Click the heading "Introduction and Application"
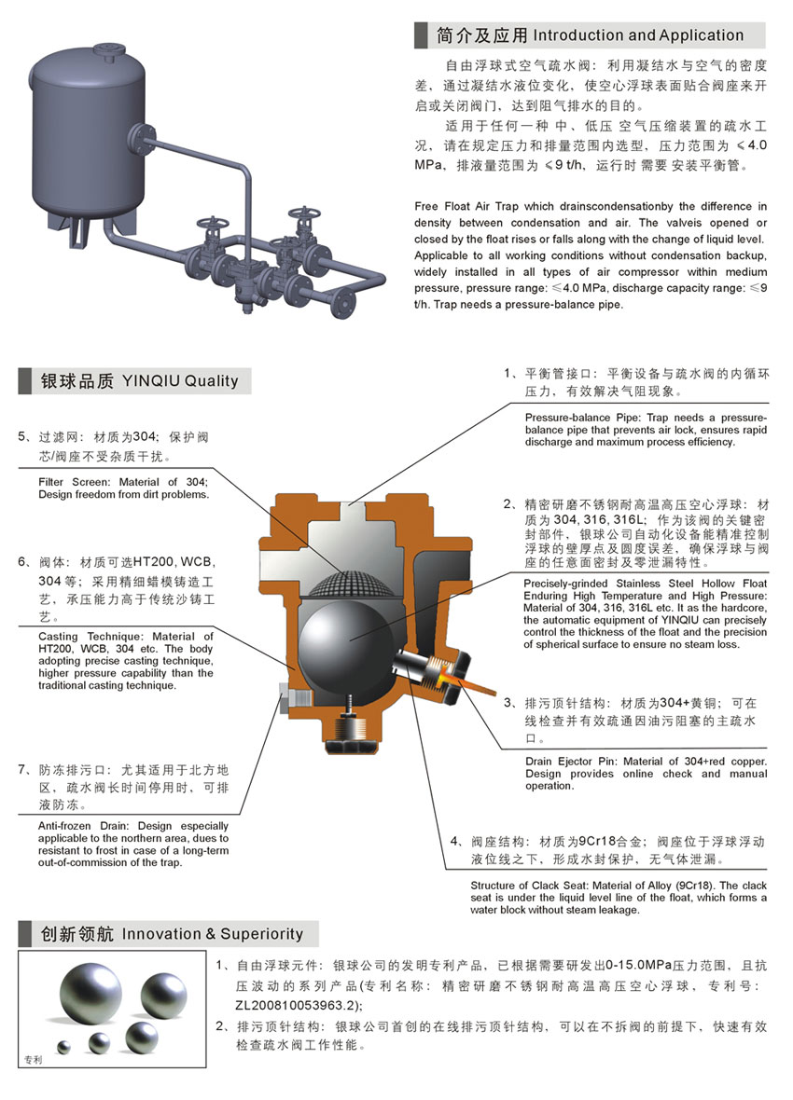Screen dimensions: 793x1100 [x=638, y=35]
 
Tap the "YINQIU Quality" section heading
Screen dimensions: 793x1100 [x=180, y=381]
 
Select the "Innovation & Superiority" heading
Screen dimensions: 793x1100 [x=212, y=934]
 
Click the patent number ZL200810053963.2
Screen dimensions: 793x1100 [x=297, y=1006]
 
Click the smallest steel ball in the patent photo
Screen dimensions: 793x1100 [x=64, y=1048]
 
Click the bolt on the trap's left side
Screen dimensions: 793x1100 [x=294, y=699]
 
